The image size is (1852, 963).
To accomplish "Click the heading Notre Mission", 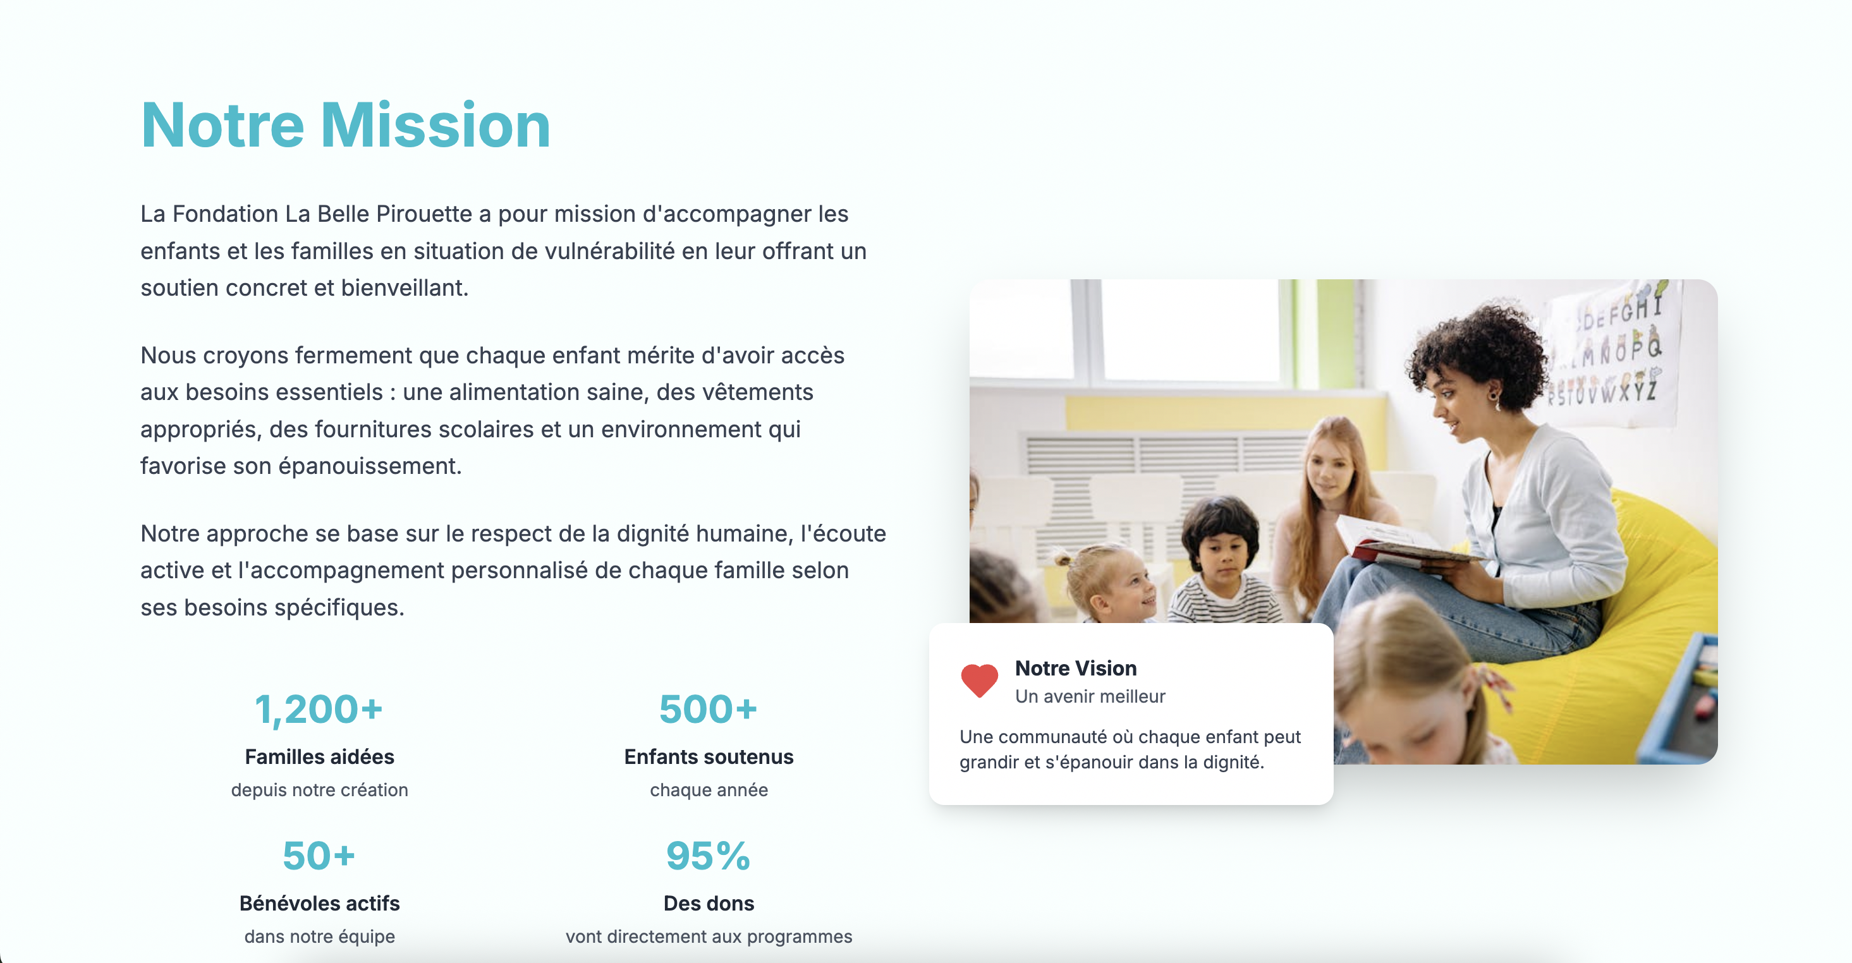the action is point(346,125).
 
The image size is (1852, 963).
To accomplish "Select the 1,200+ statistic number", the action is point(319,710).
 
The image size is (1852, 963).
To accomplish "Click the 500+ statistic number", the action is point(708,710).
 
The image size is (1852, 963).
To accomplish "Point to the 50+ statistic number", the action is point(319,856).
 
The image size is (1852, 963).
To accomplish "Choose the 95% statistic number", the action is point(708,856).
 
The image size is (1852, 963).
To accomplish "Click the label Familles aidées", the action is point(319,757).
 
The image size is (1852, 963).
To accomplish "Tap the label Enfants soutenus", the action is point(708,757).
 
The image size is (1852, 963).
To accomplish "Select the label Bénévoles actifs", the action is point(319,904).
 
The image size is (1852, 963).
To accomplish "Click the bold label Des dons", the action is point(708,904).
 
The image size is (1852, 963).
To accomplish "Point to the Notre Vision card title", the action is point(1076,669).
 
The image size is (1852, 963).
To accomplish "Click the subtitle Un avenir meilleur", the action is point(1090,696).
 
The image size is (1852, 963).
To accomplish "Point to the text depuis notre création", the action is point(319,790).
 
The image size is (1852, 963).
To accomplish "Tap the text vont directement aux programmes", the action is point(708,936).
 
